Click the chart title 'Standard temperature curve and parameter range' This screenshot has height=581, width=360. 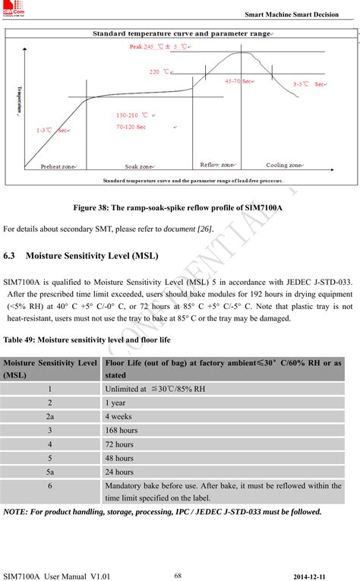click(x=182, y=34)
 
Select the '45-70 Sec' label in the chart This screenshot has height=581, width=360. click(x=238, y=81)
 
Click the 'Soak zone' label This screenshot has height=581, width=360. click(x=139, y=166)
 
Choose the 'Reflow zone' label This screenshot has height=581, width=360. click(x=218, y=164)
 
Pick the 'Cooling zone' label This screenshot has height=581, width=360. click(x=285, y=165)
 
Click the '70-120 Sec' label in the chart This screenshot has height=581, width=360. click(x=131, y=127)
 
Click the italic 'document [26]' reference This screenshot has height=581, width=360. click(x=190, y=229)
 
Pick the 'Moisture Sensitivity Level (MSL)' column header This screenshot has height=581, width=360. click(x=50, y=368)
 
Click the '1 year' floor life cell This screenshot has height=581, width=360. click(x=115, y=403)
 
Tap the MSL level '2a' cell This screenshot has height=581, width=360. click(x=50, y=416)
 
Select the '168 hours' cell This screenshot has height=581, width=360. click(x=122, y=430)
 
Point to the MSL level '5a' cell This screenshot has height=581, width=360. click(x=50, y=471)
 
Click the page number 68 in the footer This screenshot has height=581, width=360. click(x=178, y=574)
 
